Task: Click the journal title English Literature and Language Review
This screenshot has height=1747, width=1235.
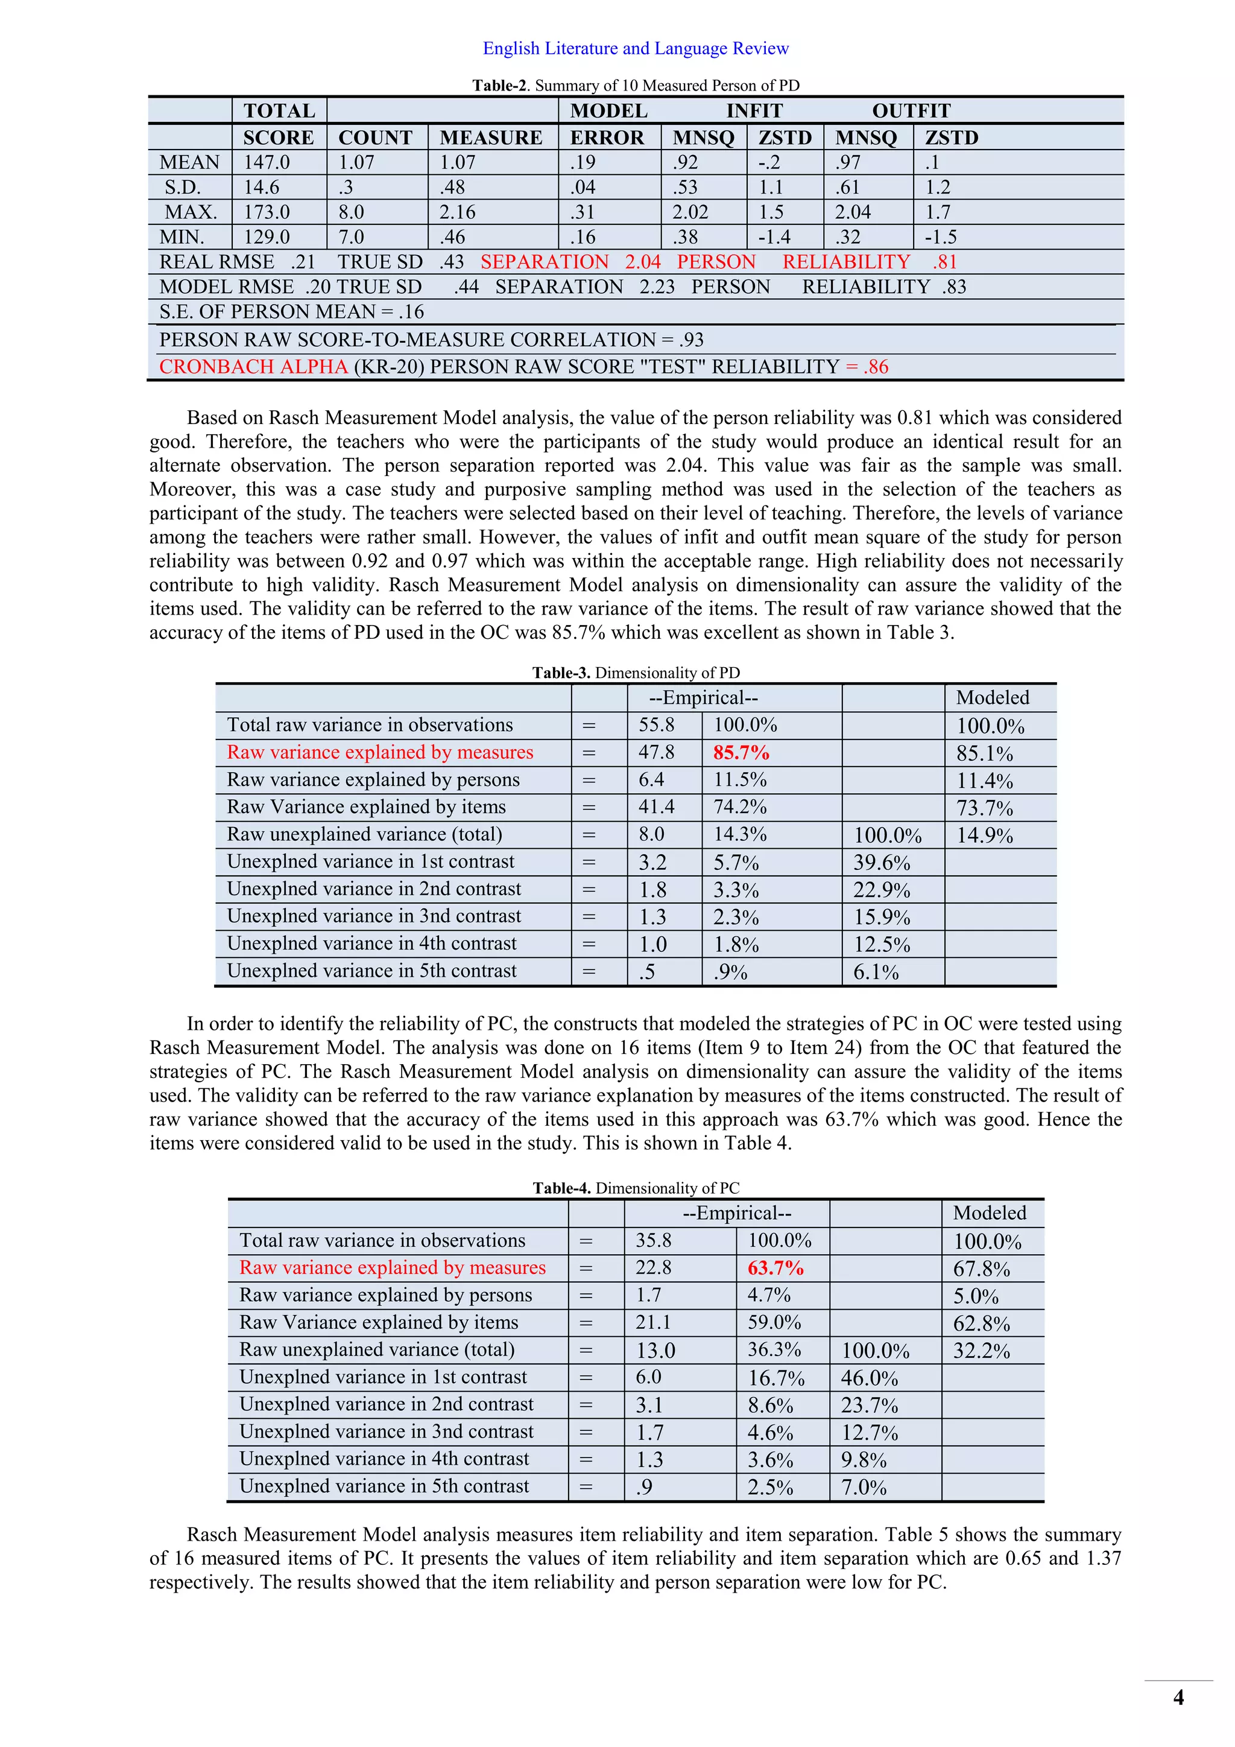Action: click(x=636, y=49)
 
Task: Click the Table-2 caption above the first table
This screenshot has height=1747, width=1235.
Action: click(x=636, y=85)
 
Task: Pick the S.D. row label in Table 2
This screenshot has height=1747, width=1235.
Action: click(x=183, y=187)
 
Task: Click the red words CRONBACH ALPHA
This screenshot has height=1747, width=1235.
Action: click(x=253, y=367)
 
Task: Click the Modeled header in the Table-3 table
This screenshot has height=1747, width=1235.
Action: click(x=993, y=698)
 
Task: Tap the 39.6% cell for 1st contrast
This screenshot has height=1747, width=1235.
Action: click(x=882, y=863)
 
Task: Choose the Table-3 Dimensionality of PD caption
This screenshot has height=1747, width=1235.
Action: click(x=636, y=673)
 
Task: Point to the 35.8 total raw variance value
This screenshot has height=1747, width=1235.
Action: click(x=653, y=1241)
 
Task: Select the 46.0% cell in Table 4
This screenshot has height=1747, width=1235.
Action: click(x=869, y=1378)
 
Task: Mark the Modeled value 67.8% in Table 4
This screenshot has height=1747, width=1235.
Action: click(x=981, y=1269)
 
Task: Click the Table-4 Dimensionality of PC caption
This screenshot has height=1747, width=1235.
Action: click(x=636, y=1188)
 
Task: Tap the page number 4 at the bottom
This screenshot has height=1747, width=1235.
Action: click(x=1178, y=1698)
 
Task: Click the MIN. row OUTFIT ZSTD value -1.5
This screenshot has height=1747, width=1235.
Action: click(x=941, y=238)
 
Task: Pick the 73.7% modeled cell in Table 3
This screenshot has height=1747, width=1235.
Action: click(x=984, y=808)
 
